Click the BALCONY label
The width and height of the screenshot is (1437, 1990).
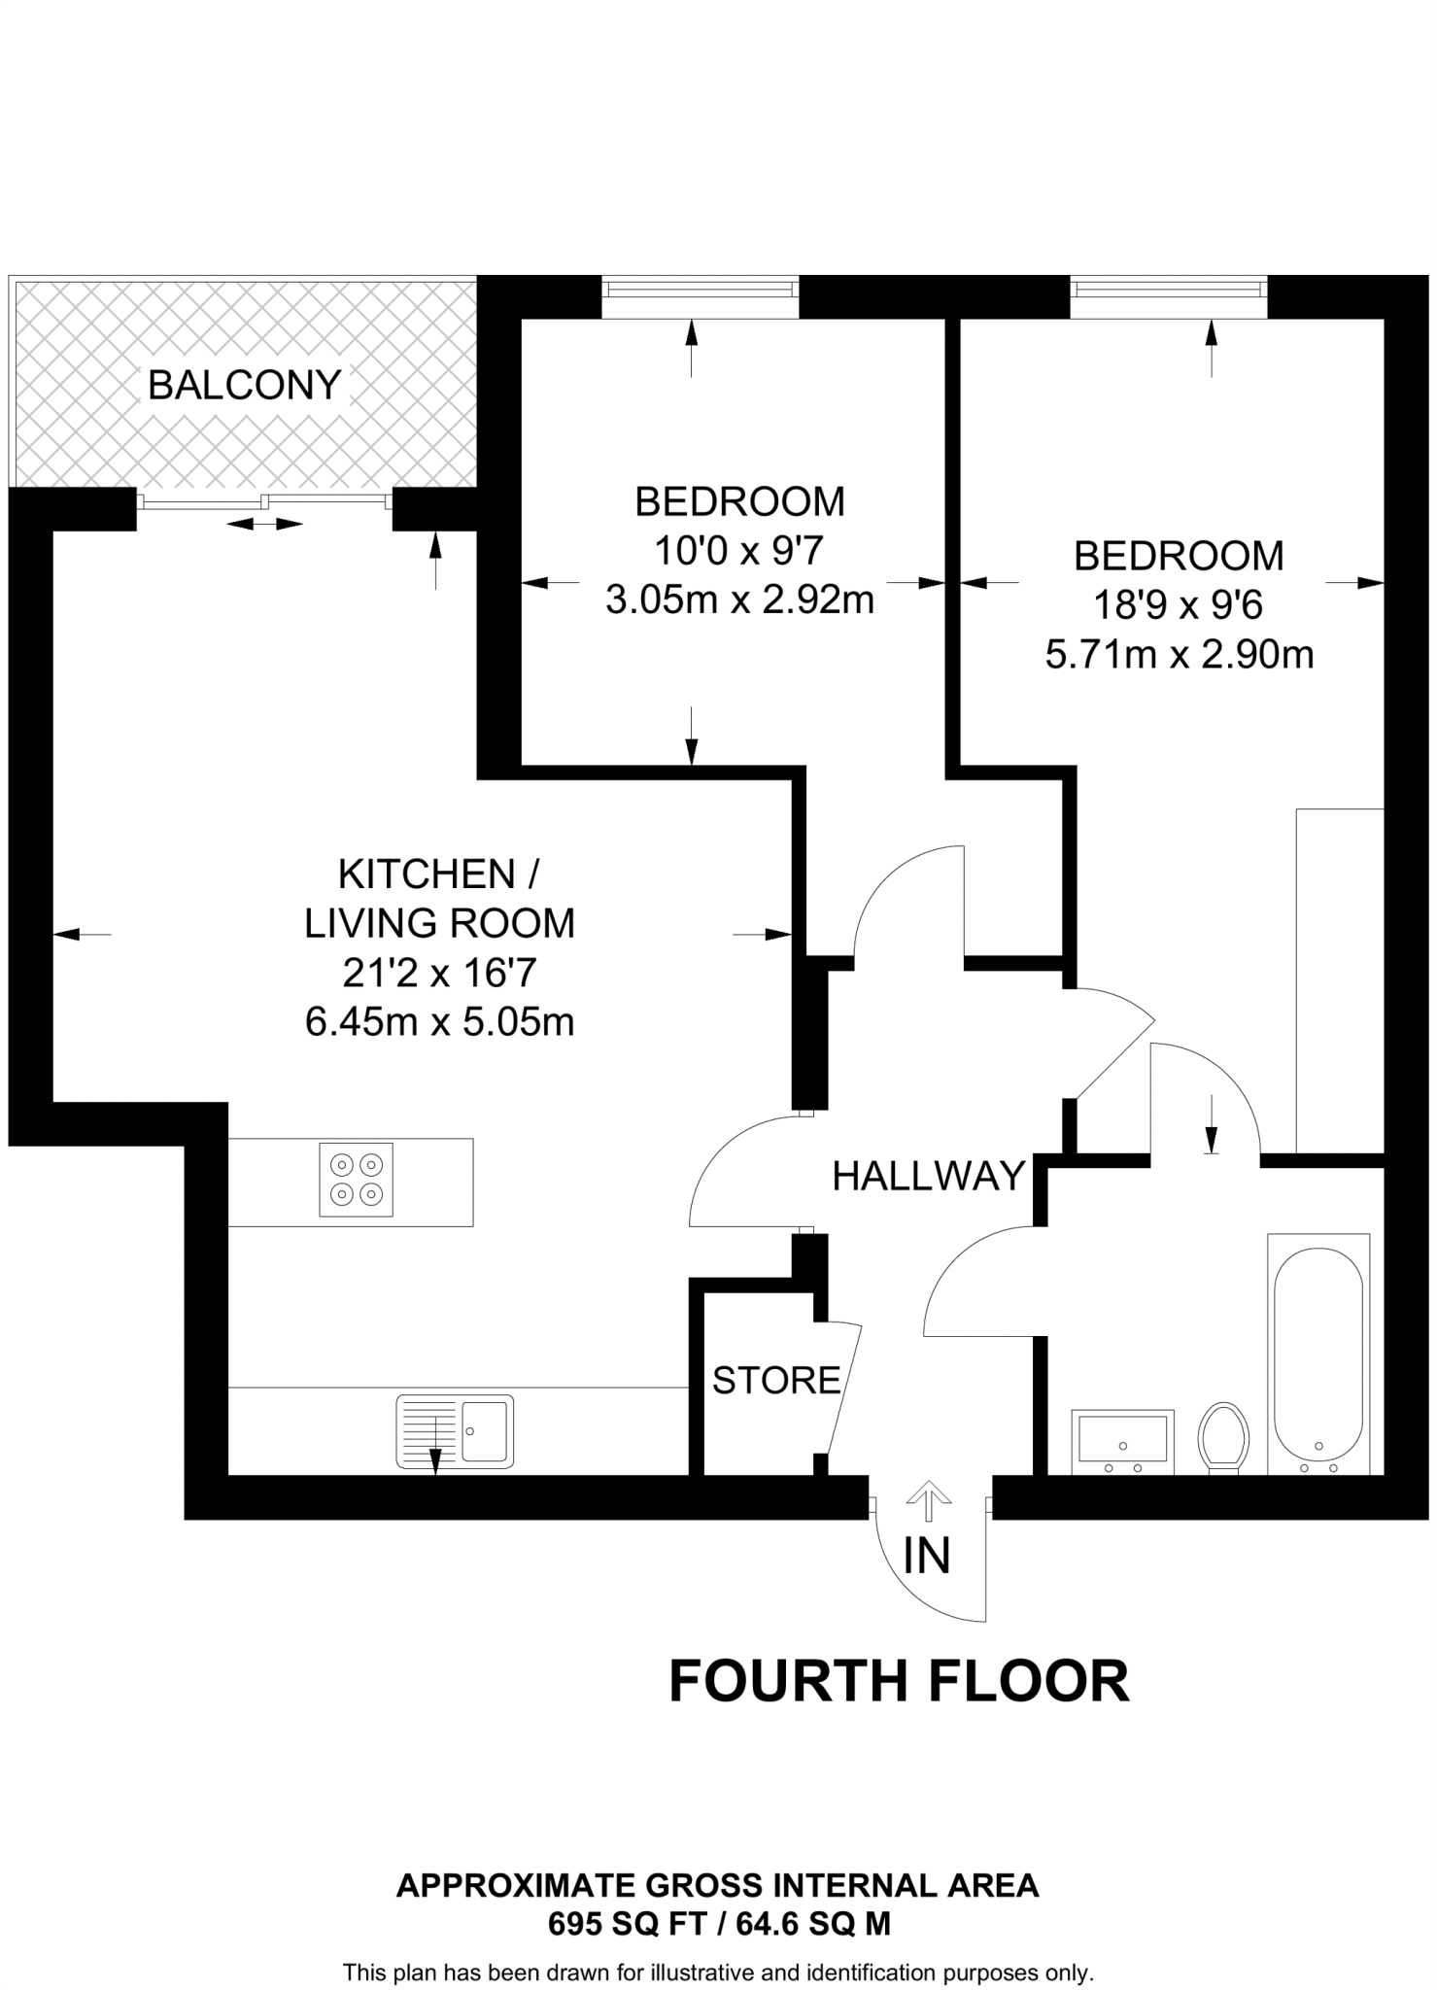pyautogui.click(x=244, y=386)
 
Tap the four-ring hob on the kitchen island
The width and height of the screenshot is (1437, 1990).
pyautogui.click(x=356, y=1180)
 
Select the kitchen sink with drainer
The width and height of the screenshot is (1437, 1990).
pyautogui.click(x=455, y=1431)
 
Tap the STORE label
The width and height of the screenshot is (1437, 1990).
pyautogui.click(x=775, y=1380)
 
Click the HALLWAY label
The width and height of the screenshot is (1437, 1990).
pyautogui.click(x=929, y=1177)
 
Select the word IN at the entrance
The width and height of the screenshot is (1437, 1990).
pyautogui.click(x=926, y=1556)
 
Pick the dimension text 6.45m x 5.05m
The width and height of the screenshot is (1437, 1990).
pyautogui.click(x=439, y=1022)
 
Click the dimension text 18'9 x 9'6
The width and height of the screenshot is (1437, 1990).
pyautogui.click(x=1178, y=606)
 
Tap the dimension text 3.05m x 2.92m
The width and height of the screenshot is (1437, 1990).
pyautogui.click(x=739, y=600)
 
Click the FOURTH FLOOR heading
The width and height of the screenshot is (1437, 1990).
pyautogui.click(x=899, y=1682)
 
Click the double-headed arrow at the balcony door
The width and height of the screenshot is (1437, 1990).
pyautogui.click(x=265, y=525)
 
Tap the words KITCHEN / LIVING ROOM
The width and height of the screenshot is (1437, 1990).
pyautogui.click(x=439, y=899)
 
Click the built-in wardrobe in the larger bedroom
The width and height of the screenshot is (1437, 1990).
pyautogui.click(x=1339, y=980)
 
